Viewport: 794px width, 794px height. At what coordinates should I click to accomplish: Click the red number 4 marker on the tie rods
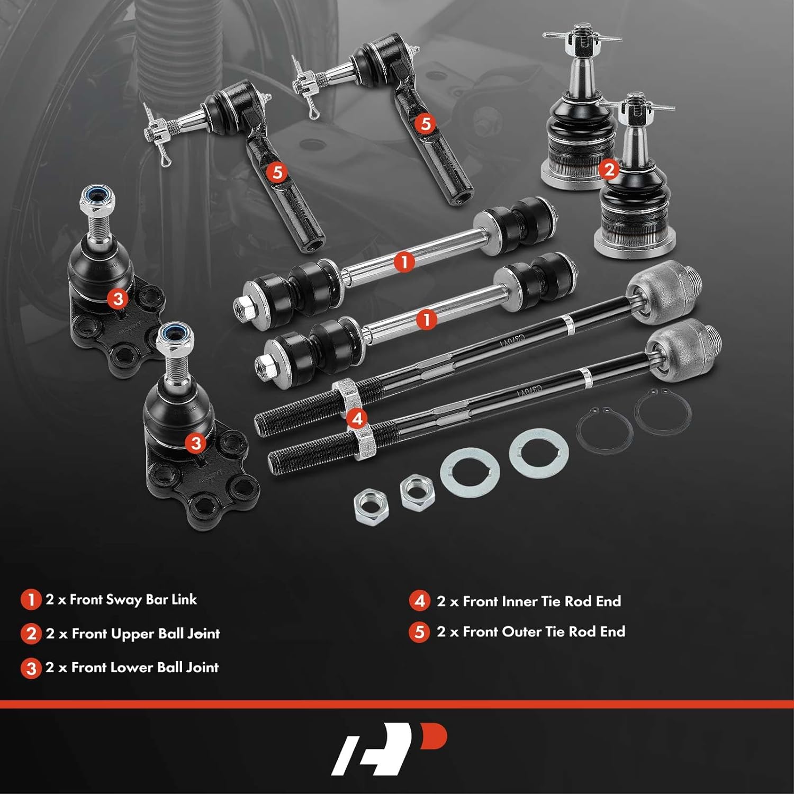(x=357, y=418)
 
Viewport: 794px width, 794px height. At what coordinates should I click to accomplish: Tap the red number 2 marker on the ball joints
(x=609, y=169)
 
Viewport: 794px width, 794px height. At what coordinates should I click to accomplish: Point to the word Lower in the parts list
(x=128, y=667)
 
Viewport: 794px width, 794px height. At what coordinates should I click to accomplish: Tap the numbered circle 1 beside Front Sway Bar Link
(x=31, y=600)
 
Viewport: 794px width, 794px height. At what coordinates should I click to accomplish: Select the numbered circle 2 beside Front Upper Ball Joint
(x=31, y=634)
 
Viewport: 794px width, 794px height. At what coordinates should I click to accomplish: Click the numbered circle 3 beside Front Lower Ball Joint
(x=31, y=668)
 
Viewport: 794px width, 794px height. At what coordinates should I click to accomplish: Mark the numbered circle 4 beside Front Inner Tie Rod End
(x=420, y=601)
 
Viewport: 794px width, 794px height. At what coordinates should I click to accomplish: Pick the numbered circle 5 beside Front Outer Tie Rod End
(x=419, y=632)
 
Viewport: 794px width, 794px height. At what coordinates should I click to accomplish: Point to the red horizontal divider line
(x=397, y=704)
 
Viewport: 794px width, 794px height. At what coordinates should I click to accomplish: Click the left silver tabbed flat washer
(x=470, y=473)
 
